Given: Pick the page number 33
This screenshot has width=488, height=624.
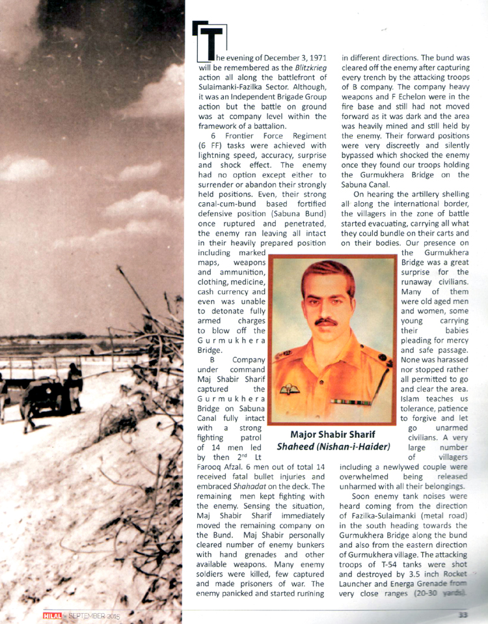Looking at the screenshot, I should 463,614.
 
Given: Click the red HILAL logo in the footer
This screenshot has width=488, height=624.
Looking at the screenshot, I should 52,614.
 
